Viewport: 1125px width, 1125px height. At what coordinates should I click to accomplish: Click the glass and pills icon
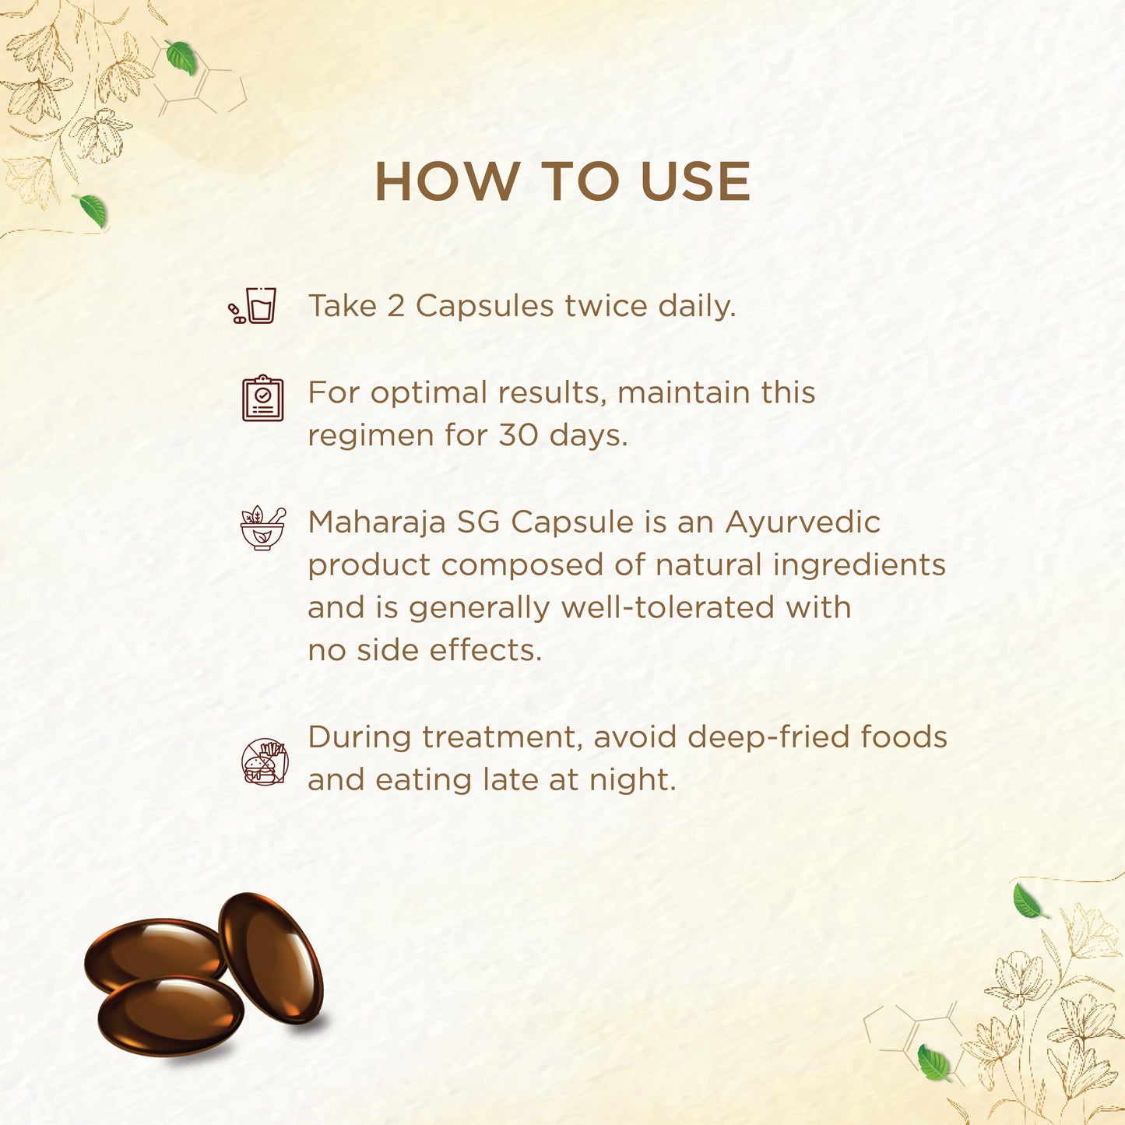coord(252,305)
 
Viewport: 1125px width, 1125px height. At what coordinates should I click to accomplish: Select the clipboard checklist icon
coord(262,398)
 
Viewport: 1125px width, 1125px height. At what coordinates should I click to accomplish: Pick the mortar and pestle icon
coord(263,529)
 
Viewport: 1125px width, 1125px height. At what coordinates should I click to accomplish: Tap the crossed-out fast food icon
coord(265,761)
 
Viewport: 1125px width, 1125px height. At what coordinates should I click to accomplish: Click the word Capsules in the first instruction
coord(484,307)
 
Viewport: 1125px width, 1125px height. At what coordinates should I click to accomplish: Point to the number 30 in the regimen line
coord(518,435)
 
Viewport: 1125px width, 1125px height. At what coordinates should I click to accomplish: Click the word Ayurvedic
coord(802,522)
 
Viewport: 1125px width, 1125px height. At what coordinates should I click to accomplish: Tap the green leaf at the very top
coord(181,57)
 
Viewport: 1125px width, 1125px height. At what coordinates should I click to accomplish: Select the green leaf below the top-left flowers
coord(91,210)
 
